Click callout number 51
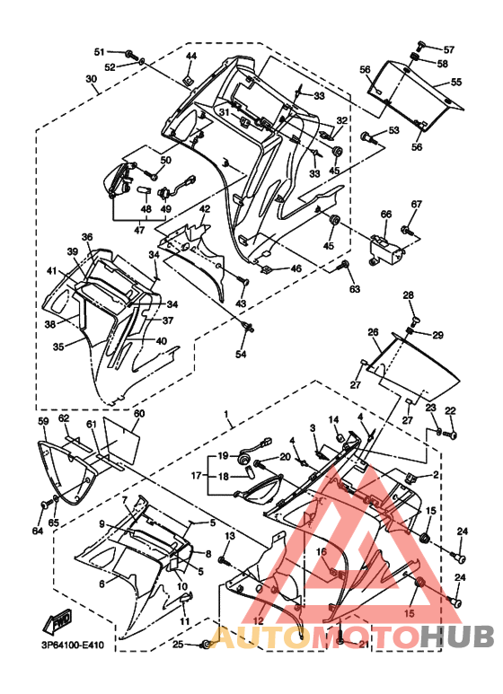pyautogui.click(x=99, y=51)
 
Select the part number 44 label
pyautogui.click(x=190, y=57)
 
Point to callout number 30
pyautogui.click(x=92, y=79)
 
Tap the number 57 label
pyautogui.click(x=449, y=48)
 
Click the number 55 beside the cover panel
pyautogui.click(x=456, y=82)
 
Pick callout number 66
pyautogui.click(x=385, y=215)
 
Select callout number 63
pyautogui.click(x=354, y=289)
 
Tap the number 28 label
pyautogui.click(x=408, y=295)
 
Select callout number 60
pyautogui.click(x=138, y=414)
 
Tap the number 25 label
pyautogui.click(x=178, y=645)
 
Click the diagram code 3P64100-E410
pyautogui.click(x=73, y=645)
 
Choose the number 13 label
pyautogui.click(x=229, y=536)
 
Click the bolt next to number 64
pyautogui.click(x=46, y=507)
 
